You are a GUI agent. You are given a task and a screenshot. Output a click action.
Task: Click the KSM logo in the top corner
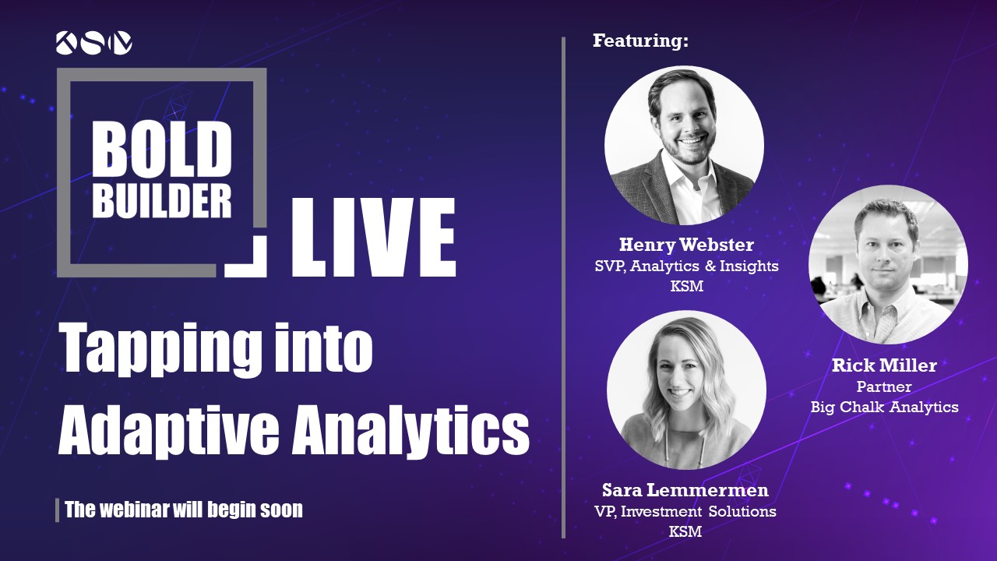(94, 43)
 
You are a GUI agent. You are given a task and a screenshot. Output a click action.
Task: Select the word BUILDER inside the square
(162, 201)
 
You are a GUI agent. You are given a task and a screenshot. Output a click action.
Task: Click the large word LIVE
(373, 238)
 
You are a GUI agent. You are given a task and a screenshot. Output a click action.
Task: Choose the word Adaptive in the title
(168, 429)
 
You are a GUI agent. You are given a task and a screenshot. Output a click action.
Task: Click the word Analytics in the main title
(410, 429)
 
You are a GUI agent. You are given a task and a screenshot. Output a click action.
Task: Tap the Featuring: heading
(640, 41)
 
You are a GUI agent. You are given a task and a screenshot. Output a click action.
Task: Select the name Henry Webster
(686, 245)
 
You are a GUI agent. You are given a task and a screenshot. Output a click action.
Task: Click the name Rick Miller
(884, 365)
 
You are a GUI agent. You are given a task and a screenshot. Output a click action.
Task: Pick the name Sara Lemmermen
(685, 490)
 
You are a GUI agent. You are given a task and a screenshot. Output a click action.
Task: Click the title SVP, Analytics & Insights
(687, 266)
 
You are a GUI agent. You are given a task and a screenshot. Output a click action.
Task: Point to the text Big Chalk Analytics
(884, 407)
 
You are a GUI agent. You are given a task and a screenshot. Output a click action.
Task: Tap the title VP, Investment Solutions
(685, 511)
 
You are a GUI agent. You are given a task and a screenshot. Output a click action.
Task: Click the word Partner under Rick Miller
(884, 386)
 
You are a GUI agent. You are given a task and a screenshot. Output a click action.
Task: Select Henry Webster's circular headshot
(684, 145)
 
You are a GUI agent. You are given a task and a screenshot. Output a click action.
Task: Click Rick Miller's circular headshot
(889, 264)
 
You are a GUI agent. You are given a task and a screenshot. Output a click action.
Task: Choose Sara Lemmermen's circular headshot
(686, 390)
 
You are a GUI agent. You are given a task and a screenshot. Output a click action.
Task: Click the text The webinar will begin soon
(184, 510)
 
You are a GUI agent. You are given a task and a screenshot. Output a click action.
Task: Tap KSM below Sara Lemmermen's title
(685, 531)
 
